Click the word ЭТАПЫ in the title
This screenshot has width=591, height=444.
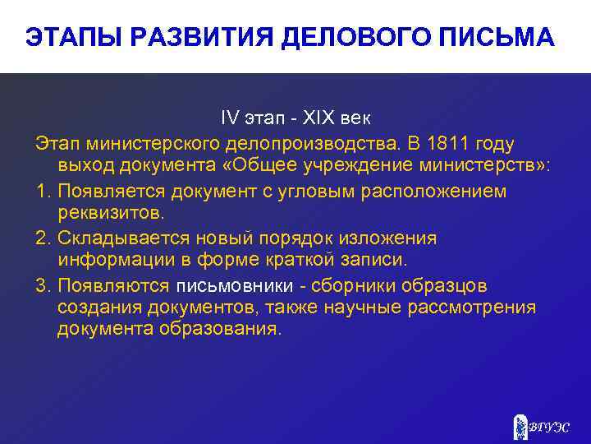tap(66, 38)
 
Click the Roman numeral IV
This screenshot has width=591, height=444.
tap(227, 121)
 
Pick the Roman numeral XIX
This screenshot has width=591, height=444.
tap(310, 121)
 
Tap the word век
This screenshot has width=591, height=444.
tap(355, 121)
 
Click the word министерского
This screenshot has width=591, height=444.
tap(151, 144)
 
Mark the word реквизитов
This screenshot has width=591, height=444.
tap(111, 214)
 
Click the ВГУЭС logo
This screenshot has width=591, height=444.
tap(541, 425)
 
